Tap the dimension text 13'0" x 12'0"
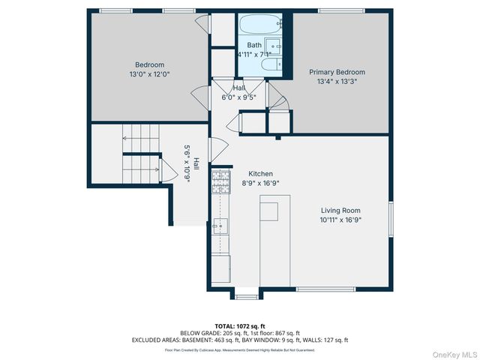(149, 75)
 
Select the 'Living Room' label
(341, 211)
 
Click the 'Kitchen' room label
(250, 173)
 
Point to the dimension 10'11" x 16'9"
(341, 220)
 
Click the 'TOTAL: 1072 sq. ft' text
(239, 325)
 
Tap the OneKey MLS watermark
(453, 353)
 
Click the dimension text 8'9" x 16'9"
(250, 183)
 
